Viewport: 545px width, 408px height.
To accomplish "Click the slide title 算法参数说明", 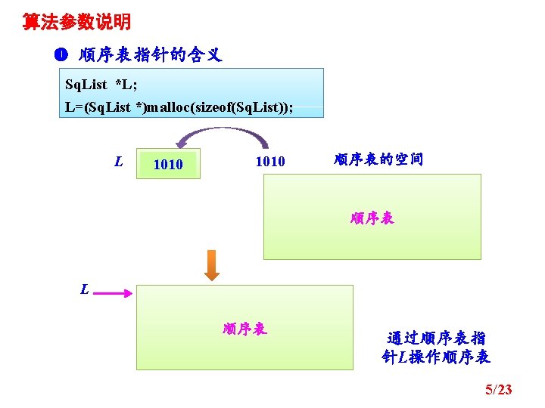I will (x=76, y=22).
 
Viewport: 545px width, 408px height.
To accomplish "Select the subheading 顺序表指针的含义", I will (x=150, y=55).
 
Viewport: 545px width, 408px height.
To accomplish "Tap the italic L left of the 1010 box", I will (x=119, y=161).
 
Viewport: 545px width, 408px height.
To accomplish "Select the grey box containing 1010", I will (x=168, y=164).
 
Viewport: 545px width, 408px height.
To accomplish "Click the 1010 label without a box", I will (x=270, y=161).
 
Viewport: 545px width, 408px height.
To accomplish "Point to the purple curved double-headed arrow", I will (x=223, y=136).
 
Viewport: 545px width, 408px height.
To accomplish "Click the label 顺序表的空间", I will (x=378, y=159).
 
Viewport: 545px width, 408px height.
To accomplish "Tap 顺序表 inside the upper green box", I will (x=372, y=218).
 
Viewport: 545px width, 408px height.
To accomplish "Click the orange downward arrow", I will (x=213, y=266).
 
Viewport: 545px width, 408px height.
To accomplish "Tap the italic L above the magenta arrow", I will (x=86, y=288).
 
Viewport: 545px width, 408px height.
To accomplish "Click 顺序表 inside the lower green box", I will (x=244, y=329).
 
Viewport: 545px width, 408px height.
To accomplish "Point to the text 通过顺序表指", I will (x=436, y=338).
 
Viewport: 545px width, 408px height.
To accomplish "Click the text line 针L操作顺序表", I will (x=436, y=357).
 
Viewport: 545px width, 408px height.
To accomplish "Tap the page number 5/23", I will (x=498, y=390).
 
